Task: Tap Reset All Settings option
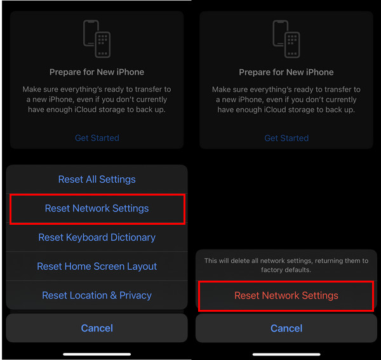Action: (x=97, y=180)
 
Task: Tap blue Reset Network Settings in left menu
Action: (x=97, y=208)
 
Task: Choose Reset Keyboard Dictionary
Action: (x=97, y=237)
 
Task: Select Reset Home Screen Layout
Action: (x=97, y=267)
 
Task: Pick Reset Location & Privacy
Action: (x=97, y=295)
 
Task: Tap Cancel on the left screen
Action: (x=97, y=328)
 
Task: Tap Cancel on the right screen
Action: (x=286, y=328)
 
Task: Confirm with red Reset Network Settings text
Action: (x=286, y=296)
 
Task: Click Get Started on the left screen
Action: (x=97, y=138)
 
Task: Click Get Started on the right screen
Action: (x=286, y=138)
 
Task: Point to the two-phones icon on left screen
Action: (x=97, y=40)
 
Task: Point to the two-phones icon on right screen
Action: (x=286, y=40)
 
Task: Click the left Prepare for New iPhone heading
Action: (x=97, y=72)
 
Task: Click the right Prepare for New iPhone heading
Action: (x=286, y=72)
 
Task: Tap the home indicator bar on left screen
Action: (x=97, y=354)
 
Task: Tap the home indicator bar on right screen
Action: (x=286, y=354)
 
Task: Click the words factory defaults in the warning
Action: (x=286, y=270)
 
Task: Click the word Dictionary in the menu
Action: (x=131, y=237)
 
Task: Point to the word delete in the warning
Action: (x=244, y=261)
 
